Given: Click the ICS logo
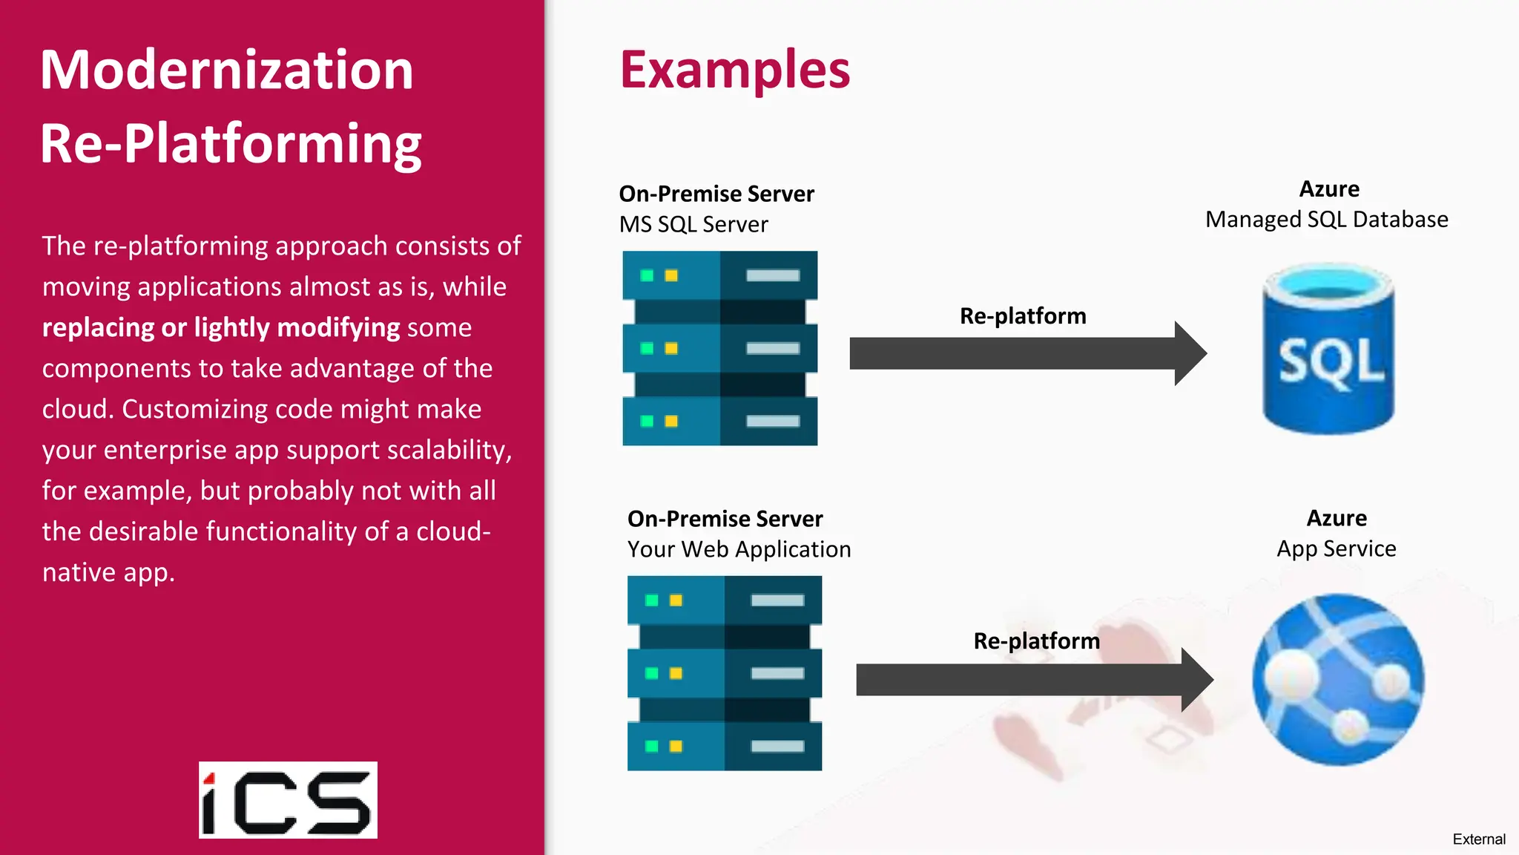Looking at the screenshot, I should coord(288,800).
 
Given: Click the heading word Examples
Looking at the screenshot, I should coord(734,70).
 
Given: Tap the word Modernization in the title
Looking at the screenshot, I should coord(226,70).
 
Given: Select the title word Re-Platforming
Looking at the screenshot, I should coord(231,143).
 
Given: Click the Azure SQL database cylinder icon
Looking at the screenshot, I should coord(1328,349).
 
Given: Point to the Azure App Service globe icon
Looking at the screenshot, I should coord(1338,679).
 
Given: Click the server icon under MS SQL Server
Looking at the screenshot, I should coord(719,348).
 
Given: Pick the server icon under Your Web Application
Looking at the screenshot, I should coord(724,673).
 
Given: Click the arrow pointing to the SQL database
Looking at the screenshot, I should coord(1027,353).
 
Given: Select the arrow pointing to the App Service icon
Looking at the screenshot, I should coord(1034,680).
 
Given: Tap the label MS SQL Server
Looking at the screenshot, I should coord(693,224).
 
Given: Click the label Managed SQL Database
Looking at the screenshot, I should coord(1326,220).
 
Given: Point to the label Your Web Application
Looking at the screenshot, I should coord(739,549).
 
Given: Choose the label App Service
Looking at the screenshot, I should coord(1336,548).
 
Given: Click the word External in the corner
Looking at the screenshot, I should coord(1478,839).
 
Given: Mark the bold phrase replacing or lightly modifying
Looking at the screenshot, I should coord(221,327).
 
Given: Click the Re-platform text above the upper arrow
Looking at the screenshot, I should coord(1023,316).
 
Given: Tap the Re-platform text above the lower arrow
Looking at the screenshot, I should coord(1036,641).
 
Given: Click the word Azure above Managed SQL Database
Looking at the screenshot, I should coord(1329,189).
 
